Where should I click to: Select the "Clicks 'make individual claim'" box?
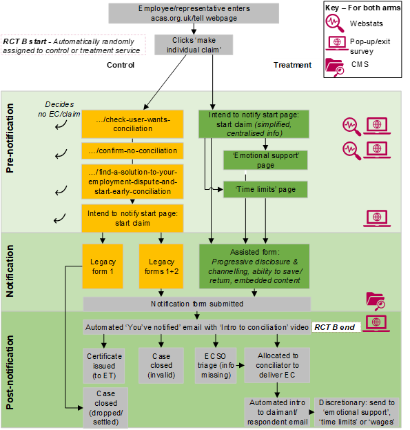pos(193,45)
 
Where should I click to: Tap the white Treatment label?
pos(296,66)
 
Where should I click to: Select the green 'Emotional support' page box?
pos(265,160)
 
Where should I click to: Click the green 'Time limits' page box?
pos(265,188)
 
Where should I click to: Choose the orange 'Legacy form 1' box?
pos(103,266)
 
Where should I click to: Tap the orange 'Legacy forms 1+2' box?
pos(161,266)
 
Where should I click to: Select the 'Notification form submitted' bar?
pos(197,304)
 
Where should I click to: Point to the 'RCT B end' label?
pos(336,326)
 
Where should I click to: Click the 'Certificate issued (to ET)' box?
pos(103,365)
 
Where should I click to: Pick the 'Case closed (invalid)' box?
pos(160,365)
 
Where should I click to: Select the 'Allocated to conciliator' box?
pos(277,365)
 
